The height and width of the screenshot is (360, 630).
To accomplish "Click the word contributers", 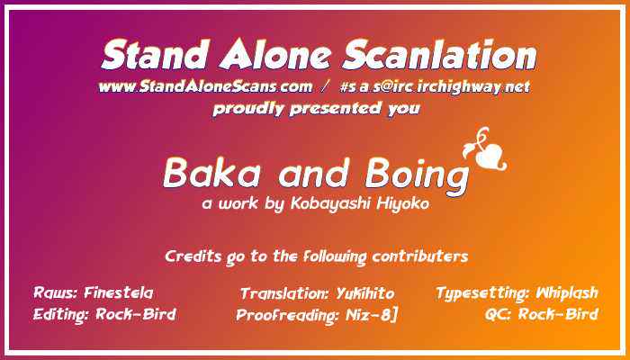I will (417, 256).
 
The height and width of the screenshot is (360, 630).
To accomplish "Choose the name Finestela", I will (118, 293).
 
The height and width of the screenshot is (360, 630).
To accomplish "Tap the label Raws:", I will (56, 293).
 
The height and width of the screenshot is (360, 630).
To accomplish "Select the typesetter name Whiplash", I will (567, 293).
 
